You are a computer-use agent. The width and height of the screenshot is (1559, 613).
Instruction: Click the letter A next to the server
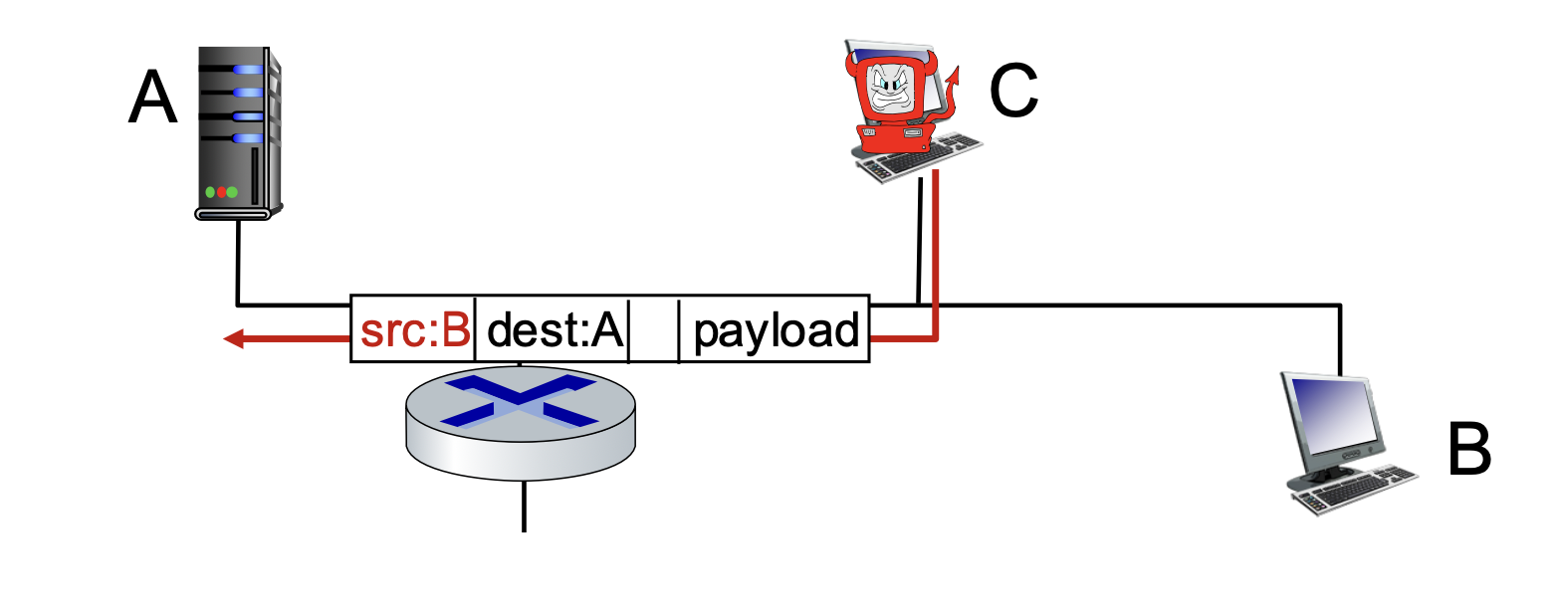tap(152, 98)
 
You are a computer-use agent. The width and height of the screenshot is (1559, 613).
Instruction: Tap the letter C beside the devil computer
tap(1013, 91)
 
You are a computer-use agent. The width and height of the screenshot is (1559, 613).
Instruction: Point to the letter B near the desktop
tap(1469, 450)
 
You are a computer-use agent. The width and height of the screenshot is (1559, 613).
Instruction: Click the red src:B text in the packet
tap(415, 330)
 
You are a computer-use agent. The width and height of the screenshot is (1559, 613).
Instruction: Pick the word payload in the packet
tap(777, 332)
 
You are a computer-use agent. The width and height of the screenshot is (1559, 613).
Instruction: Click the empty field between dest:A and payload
tap(654, 329)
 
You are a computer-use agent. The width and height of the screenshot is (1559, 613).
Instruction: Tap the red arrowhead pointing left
tap(234, 339)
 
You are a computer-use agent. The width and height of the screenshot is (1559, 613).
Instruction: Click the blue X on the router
tap(520, 401)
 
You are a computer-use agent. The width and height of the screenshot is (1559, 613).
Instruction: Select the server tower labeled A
tap(239, 133)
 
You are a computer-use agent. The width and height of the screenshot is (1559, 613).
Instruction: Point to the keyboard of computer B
tap(1354, 491)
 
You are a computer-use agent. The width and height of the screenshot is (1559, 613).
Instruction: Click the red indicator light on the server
tap(221, 192)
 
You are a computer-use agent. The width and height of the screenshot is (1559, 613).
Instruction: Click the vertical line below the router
tap(524, 506)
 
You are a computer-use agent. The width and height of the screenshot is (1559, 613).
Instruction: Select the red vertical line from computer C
tap(936, 255)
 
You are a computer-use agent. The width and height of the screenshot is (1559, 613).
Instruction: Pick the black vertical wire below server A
tap(238, 263)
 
